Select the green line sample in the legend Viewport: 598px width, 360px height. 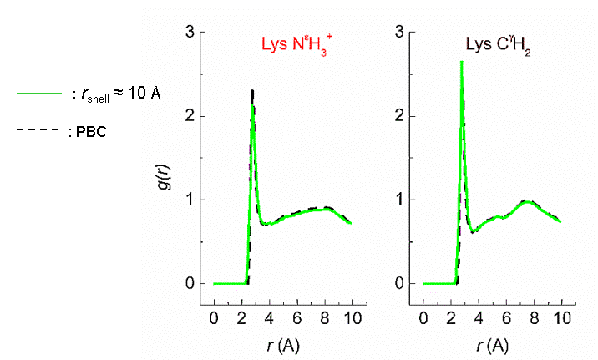[38, 93]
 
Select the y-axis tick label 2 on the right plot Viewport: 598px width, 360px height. [399, 116]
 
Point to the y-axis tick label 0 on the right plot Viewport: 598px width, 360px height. [399, 284]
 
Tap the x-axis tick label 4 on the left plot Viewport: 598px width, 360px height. [269, 318]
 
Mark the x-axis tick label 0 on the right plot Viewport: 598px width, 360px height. [423, 318]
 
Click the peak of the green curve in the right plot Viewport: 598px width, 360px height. [461, 62]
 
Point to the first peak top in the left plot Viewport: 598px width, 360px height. [252, 91]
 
